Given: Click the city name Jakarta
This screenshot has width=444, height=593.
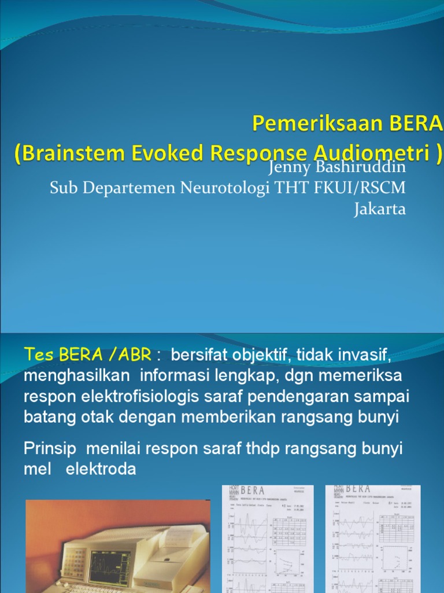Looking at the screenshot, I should tap(380, 208).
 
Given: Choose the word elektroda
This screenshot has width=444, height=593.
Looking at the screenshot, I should tap(101, 469).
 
